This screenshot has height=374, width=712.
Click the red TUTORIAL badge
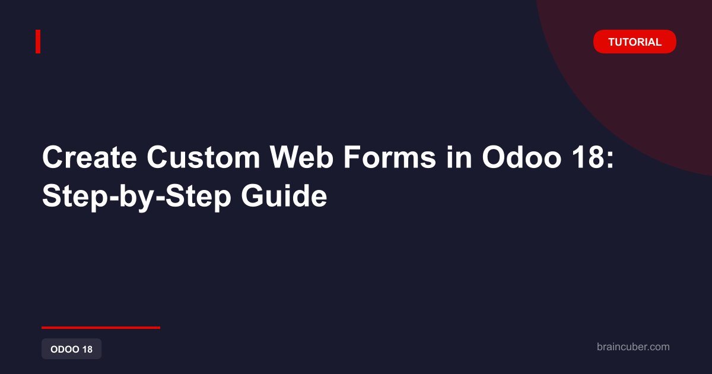click(634, 42)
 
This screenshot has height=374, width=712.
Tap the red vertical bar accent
click(38, 42)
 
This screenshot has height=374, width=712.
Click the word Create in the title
click(90, 157)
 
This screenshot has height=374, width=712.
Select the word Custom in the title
click(204, 157)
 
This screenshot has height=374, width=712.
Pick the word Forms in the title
click(390, 157)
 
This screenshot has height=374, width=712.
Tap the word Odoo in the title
click(522, 157)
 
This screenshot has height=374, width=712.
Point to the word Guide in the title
click(284, 196)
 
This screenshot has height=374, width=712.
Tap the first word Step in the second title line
click(75, 198)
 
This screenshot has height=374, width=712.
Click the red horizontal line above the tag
click(101, 328)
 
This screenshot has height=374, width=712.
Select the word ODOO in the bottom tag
click(65, 349)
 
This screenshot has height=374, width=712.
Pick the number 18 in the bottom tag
click(87, 349)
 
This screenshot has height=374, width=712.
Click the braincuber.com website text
click(633, 347)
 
